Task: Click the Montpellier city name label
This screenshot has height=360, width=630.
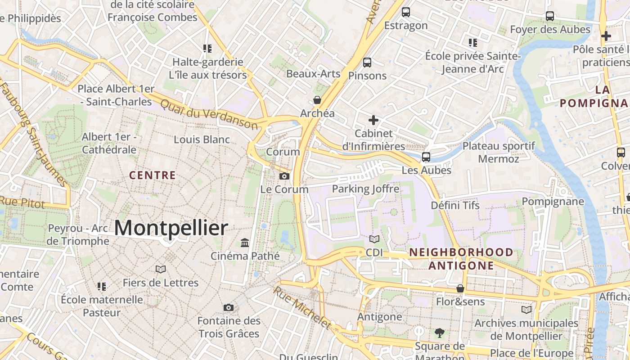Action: point(171,228)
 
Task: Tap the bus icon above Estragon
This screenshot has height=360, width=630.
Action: point(406,12)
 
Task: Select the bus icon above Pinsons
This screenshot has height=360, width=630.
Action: point(367,63)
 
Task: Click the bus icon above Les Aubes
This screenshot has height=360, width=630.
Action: point(426,157)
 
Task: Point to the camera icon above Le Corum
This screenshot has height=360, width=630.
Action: point(284,176)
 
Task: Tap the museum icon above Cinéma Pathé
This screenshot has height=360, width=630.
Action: point(245,243)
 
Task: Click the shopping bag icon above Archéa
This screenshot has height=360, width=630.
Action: point(317,100)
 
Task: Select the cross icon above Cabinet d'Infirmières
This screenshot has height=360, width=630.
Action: point(373,120)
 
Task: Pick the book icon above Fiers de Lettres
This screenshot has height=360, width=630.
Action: point(161,270)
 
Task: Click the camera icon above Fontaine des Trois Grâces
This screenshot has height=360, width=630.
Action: point(229,308)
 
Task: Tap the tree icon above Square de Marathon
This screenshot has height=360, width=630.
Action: point(440,333)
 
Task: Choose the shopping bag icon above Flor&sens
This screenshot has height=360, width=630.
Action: point(460,288)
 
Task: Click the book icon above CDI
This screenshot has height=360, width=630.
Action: point(374,239)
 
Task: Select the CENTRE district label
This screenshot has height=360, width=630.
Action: point(153,175)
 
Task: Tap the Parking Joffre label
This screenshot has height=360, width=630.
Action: point(365,189)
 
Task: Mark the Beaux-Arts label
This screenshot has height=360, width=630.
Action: point(313,73)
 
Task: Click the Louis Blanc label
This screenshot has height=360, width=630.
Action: point(202,139)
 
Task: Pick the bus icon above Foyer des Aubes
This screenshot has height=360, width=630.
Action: point(550,16)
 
